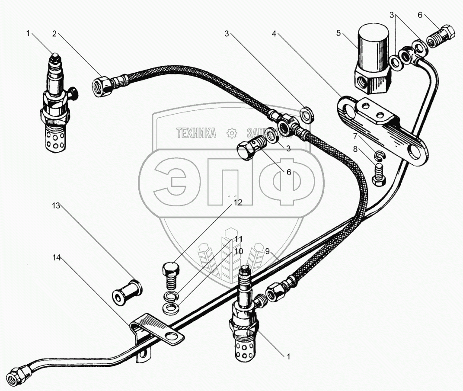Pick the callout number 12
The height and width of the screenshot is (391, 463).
pyautogui.click(x=238, y=202)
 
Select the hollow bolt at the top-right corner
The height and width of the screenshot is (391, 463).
pyautogui.click(x=441, y=35)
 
